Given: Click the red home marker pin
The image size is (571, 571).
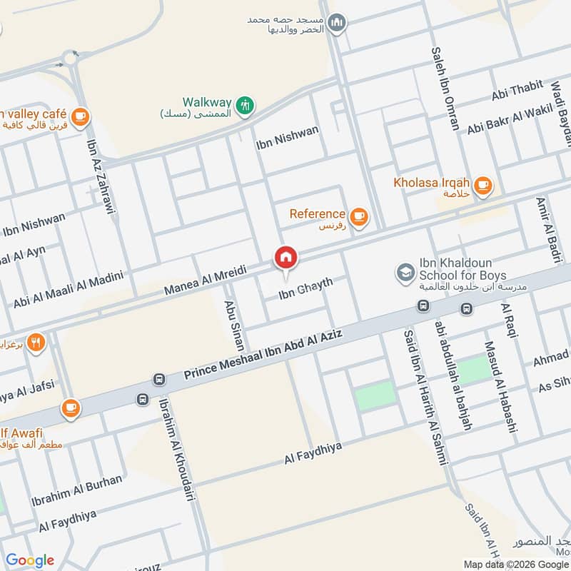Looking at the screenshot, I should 285,257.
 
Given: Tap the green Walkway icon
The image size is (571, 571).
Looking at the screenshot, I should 245,104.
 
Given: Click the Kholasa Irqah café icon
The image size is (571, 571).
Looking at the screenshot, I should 483,184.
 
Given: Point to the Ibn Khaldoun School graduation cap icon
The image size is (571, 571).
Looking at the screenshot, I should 405,272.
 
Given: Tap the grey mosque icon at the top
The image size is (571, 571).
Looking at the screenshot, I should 338,22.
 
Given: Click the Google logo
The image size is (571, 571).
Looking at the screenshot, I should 29,560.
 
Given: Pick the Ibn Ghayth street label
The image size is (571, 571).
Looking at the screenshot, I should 305,288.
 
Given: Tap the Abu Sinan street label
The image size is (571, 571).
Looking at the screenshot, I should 234,323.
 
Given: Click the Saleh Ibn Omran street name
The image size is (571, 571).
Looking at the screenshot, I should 445,89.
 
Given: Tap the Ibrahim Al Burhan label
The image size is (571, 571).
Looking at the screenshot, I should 76,491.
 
